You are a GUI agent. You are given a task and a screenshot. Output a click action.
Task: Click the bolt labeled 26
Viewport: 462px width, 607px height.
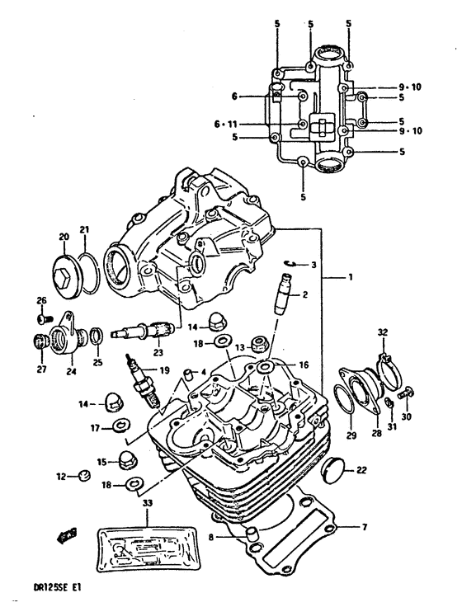coord(44,315)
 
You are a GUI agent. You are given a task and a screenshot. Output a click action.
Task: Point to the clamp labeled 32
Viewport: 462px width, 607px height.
coord(382,359)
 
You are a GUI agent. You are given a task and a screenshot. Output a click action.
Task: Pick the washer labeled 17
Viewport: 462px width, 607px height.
coord(120,426)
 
